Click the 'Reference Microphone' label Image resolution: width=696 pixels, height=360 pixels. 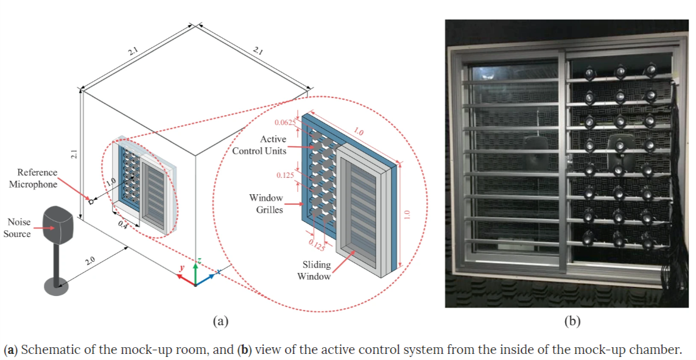click(33, 178)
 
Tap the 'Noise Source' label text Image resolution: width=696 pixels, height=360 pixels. click(17, 228)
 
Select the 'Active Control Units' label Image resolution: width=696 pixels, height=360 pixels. click(259, 145)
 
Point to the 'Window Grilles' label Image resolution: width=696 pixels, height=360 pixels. click(266, 203)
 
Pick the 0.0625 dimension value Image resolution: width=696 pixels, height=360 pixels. click(285, 122)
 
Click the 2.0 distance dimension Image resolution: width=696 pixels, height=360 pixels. click(90, 261)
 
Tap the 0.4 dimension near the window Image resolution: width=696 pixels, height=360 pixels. click(122, 225)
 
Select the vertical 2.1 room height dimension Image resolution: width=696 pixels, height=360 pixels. click(74, 154)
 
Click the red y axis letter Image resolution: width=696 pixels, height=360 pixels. click(181, 267)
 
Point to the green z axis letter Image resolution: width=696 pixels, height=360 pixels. click(199, 261)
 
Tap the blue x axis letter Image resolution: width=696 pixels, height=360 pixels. click(219, 271)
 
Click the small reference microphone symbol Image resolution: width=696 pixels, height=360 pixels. click(91, 202)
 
